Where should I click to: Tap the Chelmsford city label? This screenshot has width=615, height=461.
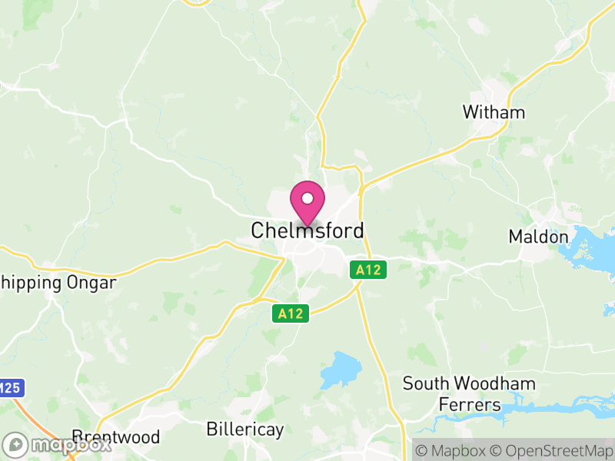click(x=307, y=230)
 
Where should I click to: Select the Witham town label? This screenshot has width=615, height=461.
click(x=494, y=112)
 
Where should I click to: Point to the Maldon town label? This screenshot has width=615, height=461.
click(x=538, y=237)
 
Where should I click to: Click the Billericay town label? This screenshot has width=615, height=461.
click(x=245, y=429)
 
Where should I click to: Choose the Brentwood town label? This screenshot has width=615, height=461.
click(x=115, y=437)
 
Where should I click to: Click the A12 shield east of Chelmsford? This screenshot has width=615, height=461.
click(x=369, y=270)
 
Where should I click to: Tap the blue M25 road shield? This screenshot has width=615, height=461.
click(x=9, y=389)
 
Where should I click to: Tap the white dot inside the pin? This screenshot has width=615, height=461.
click(x=307, y=198)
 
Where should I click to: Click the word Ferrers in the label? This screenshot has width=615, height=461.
click(x=469, y=404)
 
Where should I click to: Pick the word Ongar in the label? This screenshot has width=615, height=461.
click(x=89, y=283)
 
